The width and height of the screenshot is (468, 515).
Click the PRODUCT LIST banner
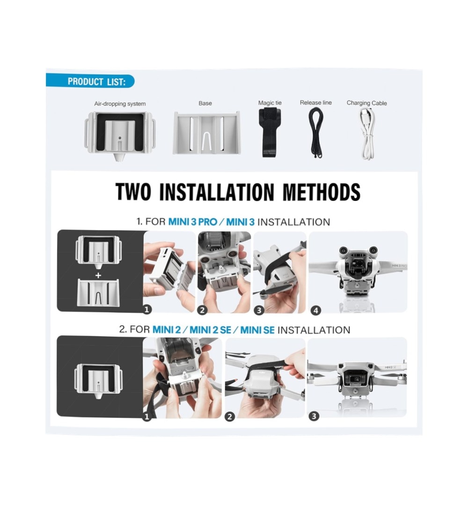tap(90, 81)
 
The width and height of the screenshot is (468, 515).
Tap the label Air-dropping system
tap(120, 104)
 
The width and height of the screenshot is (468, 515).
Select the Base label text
tap(205, 103)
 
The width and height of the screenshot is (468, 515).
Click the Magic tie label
tap(270, 103)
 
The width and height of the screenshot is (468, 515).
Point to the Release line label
tap(315, 103)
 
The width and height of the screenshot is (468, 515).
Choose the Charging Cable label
tap(367, 103)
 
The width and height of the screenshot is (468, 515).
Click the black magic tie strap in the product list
tap(270, 132)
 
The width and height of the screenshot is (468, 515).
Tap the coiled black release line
tap(316, 132)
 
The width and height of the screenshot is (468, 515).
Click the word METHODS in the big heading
tap(322, 192)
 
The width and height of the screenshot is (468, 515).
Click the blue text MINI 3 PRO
tap(193, 222)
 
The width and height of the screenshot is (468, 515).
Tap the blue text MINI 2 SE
tap(211, 330)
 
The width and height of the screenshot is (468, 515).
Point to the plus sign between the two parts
tap(98, 276)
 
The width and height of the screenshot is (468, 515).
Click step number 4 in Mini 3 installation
tap(316, 310)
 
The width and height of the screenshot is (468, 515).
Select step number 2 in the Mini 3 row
tap(202, 310)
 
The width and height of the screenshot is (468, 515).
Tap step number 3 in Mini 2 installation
tap(314, 416)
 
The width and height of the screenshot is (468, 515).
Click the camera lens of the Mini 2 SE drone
tap(356, 379)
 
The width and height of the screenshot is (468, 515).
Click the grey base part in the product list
tap(206, 133)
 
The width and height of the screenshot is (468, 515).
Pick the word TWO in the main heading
tap(133, 192)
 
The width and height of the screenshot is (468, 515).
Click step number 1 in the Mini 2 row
tap(147, 417)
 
